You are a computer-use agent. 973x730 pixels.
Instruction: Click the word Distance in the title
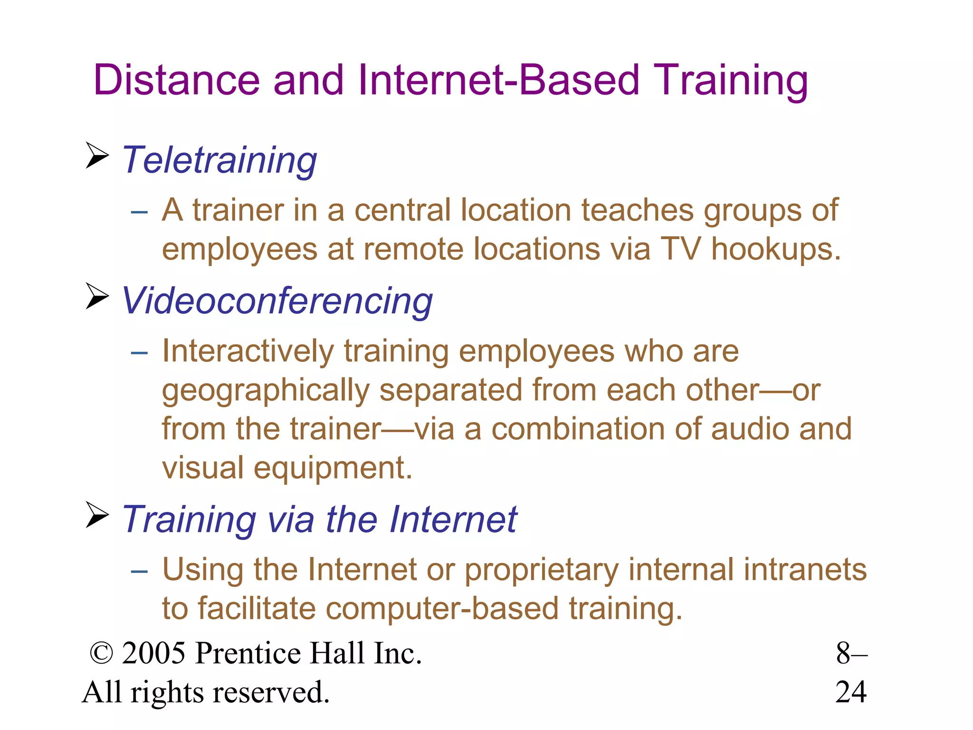(x=177, y=80)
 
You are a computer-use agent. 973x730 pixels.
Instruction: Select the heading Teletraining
(x=219, y=161)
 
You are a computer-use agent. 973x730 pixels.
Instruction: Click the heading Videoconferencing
(x=277, y=302)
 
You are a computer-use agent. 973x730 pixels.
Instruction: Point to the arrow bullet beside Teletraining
(x=97, y=155)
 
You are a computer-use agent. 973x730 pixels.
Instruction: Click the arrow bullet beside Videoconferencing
(x=97, y=296)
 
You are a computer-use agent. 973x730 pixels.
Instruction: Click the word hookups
(x=775, y=250)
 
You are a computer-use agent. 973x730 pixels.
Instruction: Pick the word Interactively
(x=248, y=352)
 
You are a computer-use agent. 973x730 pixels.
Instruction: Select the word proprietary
(x=542, y=570)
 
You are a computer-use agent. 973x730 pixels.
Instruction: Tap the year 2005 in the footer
(x=153, y=653)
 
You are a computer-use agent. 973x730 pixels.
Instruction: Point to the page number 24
(x=851, y=692)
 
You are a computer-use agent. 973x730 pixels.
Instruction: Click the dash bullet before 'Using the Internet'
(x=139, y=571)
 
